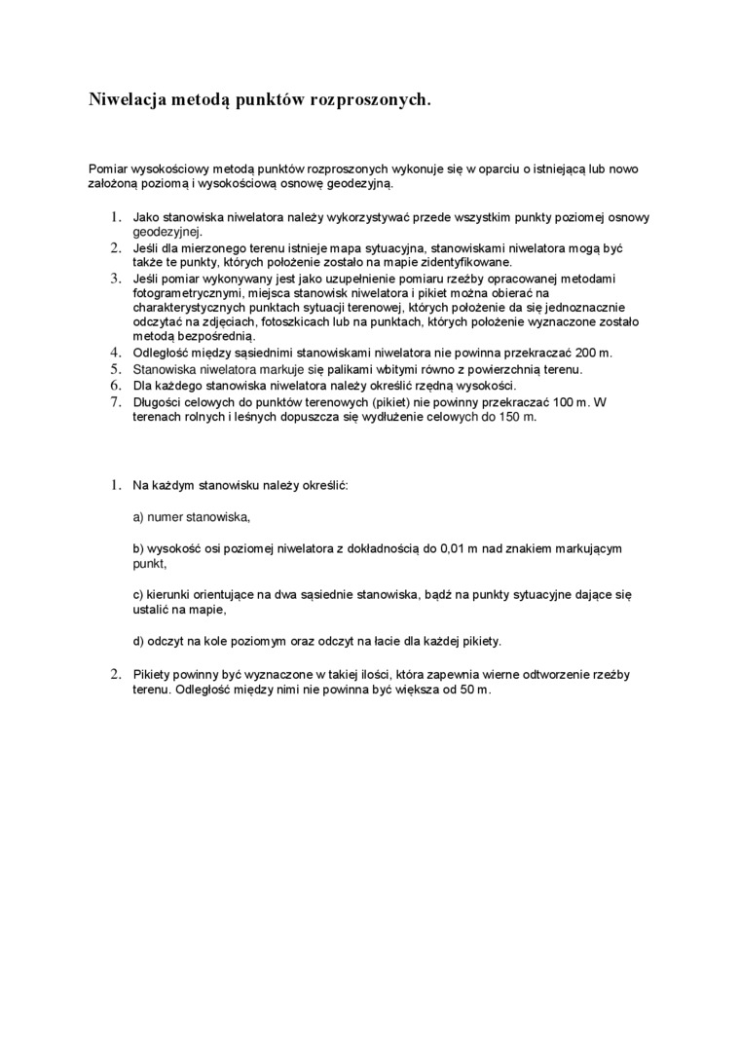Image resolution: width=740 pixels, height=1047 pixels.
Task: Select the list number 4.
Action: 114,352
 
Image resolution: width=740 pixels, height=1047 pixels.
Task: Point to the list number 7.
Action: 114,401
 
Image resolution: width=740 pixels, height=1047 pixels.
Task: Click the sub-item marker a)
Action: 138,516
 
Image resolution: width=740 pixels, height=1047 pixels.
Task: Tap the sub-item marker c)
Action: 138,593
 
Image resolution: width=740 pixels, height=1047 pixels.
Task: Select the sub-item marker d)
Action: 138,641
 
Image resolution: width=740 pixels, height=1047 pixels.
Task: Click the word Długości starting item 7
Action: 159,401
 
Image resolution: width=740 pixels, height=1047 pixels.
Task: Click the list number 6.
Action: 114,385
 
